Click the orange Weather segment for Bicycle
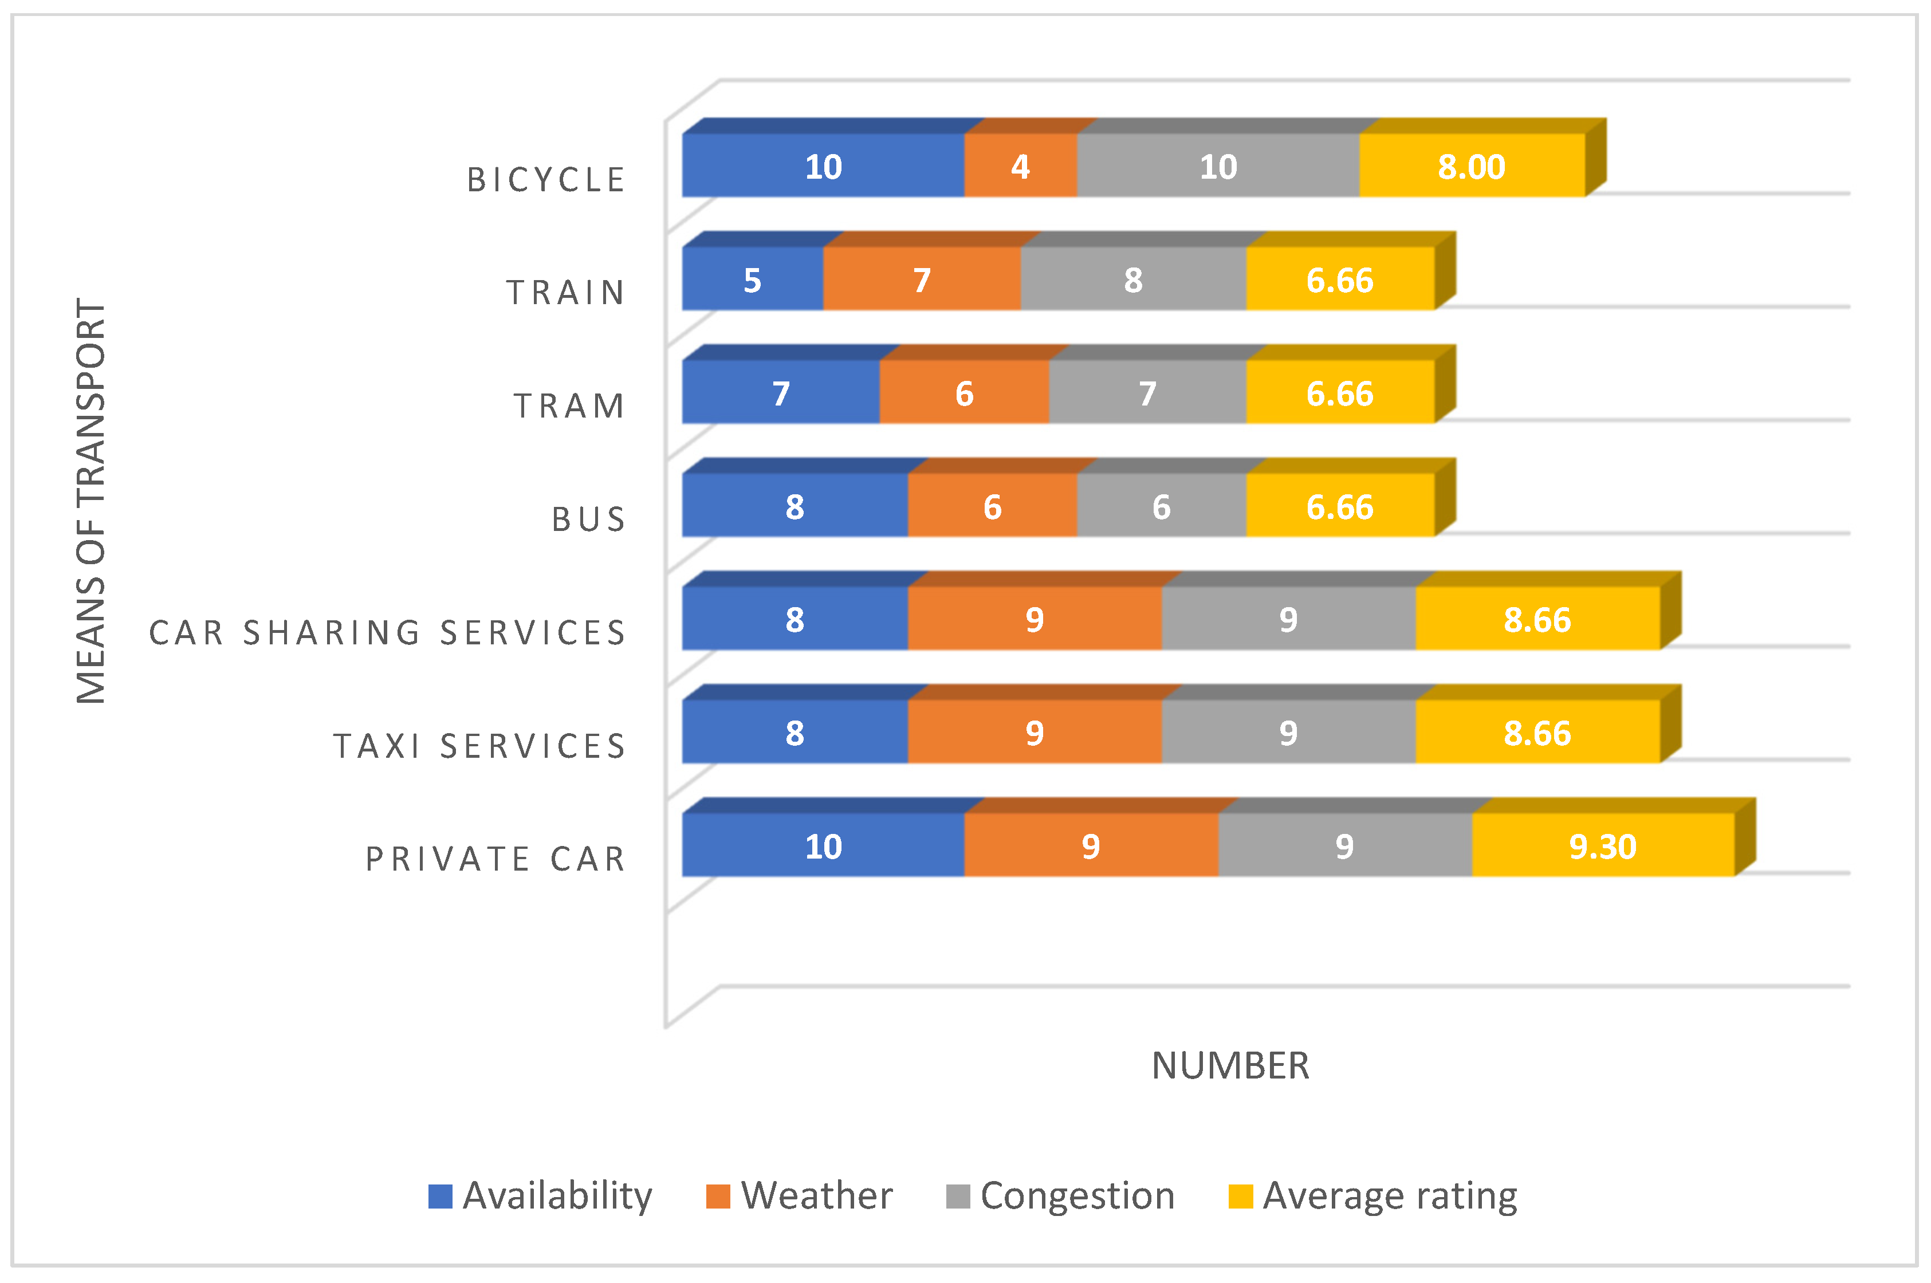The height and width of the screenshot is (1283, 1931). pyautogui.click(x=1020, y=166)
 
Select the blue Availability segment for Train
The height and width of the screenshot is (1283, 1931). pyautogui.click(x=753, y=279)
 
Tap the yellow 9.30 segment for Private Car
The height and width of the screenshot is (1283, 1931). pyautogui.click(x=1602, y=845)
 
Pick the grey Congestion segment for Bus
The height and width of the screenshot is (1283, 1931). pyautogui.click(x=1161, y=506)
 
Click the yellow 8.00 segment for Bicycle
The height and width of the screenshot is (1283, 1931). pyautogui.click(x=1471, y=166)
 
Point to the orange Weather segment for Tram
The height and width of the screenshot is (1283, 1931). pyautogui.click(x=964, y=393)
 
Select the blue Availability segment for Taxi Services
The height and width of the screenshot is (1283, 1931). pyautogui.click(x=795, y=733)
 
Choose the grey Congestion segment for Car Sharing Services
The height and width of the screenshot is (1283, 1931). pyautogui.click(x=1288, y=619)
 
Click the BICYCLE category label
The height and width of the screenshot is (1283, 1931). pyautogui.click(x=546, y=180)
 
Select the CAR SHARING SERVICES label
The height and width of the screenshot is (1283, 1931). pyautogui.click(x=387, y=632)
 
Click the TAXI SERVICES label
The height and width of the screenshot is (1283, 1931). pyautogui.click(x=479, y=745)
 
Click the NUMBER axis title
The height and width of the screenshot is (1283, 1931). pyautogui.click(x=1230, y=1065)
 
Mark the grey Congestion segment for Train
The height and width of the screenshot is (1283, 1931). pyautogui.click(x=1133, y=279)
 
